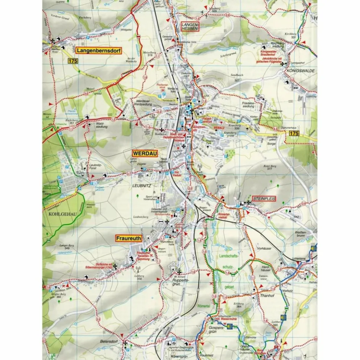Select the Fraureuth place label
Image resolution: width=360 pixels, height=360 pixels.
point(129,238)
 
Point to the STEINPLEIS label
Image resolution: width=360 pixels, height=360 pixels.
point(264,199)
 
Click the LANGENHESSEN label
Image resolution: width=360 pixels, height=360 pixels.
point(191,26)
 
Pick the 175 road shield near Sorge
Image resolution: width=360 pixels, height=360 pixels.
point(294,133)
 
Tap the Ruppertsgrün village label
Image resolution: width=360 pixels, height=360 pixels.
point(176,282)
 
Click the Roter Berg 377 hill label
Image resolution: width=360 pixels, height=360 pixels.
point(269,168)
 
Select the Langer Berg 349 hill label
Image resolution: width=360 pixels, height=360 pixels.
point(66,247)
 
